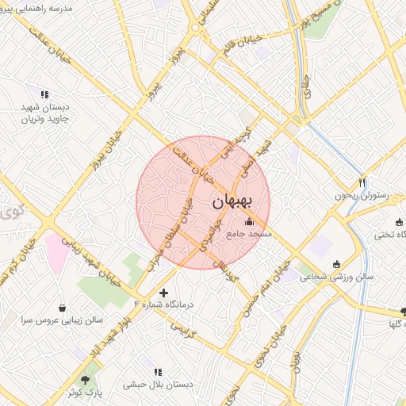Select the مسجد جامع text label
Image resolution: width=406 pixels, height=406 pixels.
click(249, 234)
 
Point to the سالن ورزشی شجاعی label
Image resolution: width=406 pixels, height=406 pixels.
click(342, 278)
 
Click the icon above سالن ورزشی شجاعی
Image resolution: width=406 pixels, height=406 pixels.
click(337, 264)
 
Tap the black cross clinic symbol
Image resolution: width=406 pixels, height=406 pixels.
click(164, 293)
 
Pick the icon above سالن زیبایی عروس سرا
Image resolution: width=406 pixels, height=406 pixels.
click(62, 307)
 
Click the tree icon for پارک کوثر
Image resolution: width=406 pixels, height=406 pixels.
click(85, 379)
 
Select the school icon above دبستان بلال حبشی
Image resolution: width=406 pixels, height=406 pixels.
click(157, 371)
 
